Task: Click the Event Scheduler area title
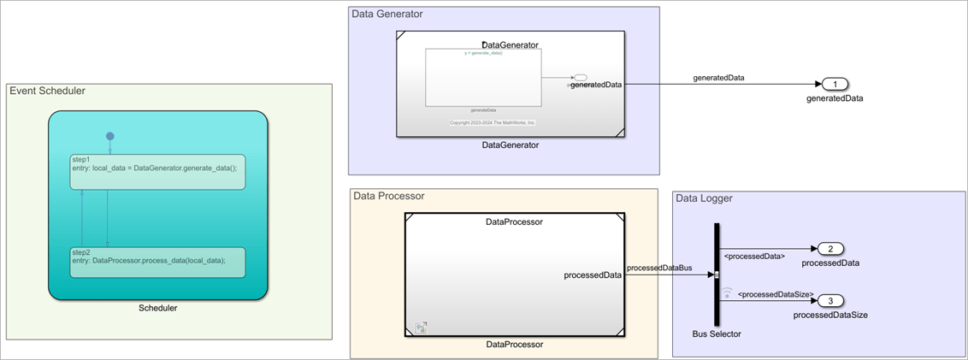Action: click(x=47, y=91)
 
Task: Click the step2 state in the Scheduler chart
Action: click(x=157, y=262)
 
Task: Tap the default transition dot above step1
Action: click(x=109, y=136)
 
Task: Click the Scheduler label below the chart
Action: click(x=157, y=308)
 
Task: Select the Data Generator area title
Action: click(x=387, y=15)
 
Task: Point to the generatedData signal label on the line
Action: click(x=718, y=78)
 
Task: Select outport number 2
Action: click(x=830, y=249)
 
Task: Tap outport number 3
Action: click(x=830, y=301)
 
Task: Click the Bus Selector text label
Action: click(x=717, y=333)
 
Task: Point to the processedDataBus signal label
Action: click(x=659, y=268)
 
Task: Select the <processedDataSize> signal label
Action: click(x=775, y=294)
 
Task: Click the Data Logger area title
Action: click(x=704, y=199)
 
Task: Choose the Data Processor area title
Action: click(x=389, y=196)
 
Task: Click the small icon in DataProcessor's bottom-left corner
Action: click(x=421, y=327)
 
